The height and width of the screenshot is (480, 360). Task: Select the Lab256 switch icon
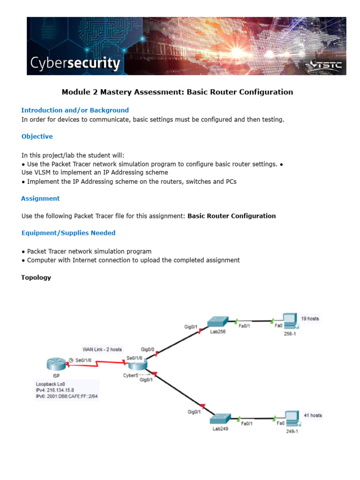pyautogui.click(x=218, y=322)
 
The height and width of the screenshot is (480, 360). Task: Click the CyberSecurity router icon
pyautogui.click(x=138, y=365)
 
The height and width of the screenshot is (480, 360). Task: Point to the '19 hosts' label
pyautogui.click(x=310, y=318)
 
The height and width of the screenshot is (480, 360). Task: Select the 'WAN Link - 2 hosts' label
pyautogui.click(x=102, y=349)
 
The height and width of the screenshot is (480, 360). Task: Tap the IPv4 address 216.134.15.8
pyautogui.click(x=55, y=390)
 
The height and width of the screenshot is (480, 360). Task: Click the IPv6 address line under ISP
pyautogui.click(x=70, y=396)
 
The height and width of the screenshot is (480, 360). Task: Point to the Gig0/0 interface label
pyautogui.click(x=148, y=349)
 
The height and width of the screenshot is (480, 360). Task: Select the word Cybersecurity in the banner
pyautogui.click(x=75, y=63)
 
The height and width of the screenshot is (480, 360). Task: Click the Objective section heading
pyautogui.click(x=37, y=136)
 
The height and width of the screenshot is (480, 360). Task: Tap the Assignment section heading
pyautogui.click(x=40, y=198)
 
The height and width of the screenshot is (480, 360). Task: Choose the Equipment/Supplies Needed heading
pyautogui.click(x=68, y=233)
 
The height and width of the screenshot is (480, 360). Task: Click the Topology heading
pyautogui.click(x=36, y=277)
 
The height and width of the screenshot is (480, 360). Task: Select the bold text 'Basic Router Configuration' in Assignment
pyautogui.click(x=232, y=216)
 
